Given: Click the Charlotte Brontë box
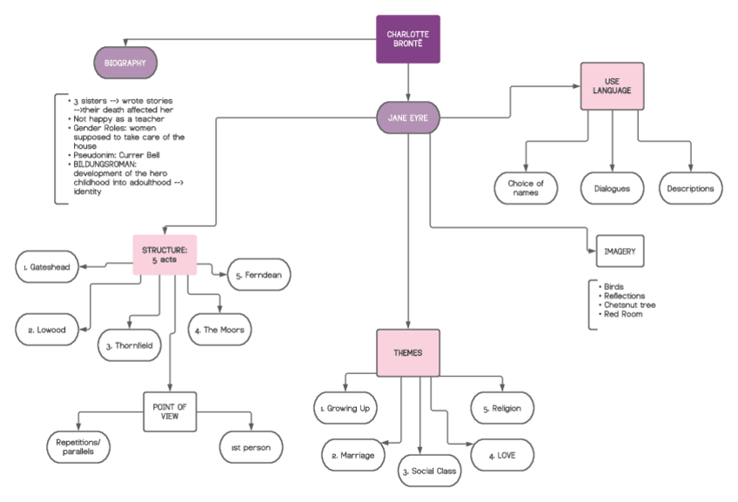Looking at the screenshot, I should point(408,39).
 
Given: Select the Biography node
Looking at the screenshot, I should point(125,63).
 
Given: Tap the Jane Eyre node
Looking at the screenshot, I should point(408,117).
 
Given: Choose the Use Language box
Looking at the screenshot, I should point(612,86).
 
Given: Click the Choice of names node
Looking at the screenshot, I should point(526,188).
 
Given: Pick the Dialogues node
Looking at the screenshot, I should point(612,188).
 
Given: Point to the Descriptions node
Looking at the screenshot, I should point(690,188).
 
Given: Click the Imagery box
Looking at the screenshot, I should point(618,253).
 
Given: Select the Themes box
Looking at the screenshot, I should point(408,353).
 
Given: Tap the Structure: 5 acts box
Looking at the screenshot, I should point(164,255).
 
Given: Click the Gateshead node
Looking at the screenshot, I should point(52,266).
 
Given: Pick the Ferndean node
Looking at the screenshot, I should point(258,274).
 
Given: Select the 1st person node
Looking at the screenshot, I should point(251,448).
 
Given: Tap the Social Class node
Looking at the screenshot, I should point(429,471).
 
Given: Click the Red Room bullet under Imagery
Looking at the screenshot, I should point(622,314).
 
